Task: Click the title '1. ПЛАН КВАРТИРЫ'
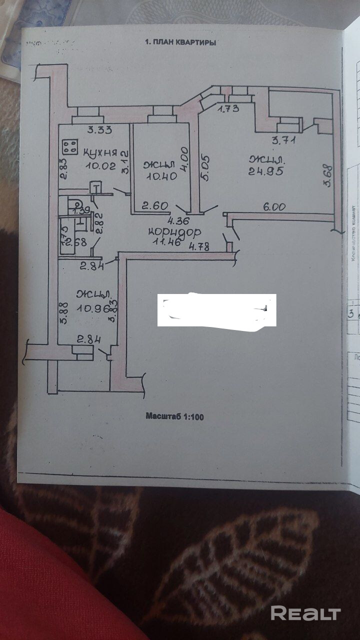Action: click(180, 43)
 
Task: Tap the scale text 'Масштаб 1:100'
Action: click(175, 415)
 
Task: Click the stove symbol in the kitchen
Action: click(70, 146)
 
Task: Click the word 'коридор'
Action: click(175, 232)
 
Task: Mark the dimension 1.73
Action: click(228, 108)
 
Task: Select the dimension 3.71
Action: click(283, 140)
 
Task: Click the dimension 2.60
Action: click(152, 205)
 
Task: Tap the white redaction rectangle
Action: click(216, 310)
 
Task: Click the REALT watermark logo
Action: click(305, 612)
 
